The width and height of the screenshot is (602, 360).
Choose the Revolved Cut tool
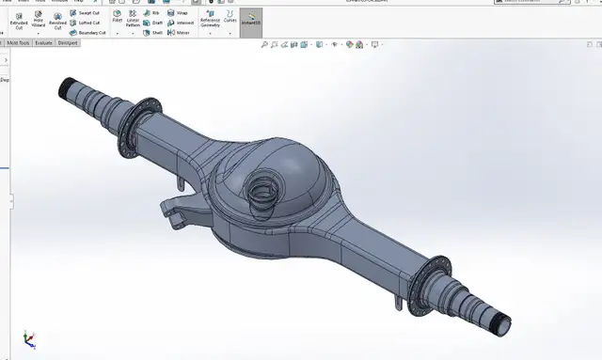pyautogui.click(x=58, y=21)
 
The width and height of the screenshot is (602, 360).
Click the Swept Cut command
pyautogui.click(x=86, y=13)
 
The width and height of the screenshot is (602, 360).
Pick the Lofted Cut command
pyautogui.click(x=86, y=23)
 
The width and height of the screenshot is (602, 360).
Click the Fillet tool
pyautogui.click(x=118, y=18)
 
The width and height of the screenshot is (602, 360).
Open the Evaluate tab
pyautogui.click(x=42, y=42)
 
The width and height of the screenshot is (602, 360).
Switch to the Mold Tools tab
pyautogui.click(x=18, y=42)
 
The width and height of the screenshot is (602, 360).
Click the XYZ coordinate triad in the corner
pyautogui.click(x=29, y=339)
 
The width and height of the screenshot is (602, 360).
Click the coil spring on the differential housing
pyautogui.click(x=260, y=197)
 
